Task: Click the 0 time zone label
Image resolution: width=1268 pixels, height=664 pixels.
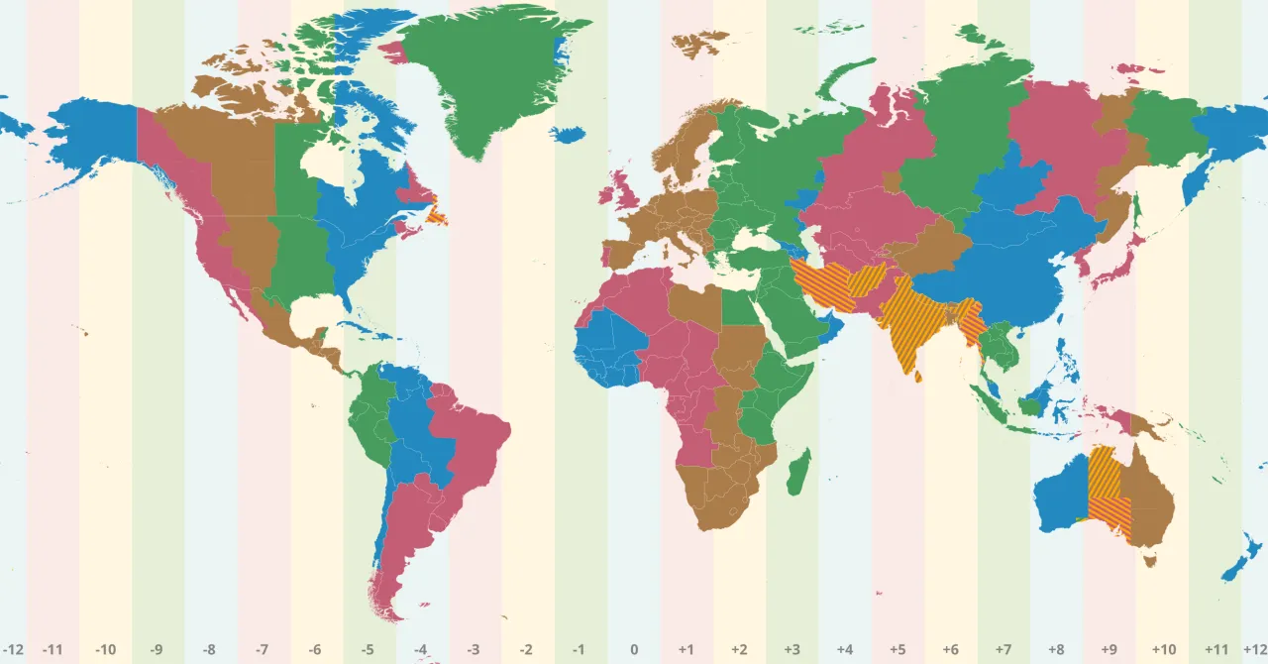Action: click(634, 650)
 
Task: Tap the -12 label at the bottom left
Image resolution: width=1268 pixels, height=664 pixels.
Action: click(14, 650)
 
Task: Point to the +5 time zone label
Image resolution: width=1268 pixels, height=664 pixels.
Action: click(898, 650)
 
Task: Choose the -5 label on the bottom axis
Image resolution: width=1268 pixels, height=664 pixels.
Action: click(369, 650)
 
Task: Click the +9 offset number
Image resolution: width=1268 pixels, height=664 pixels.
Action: click(1109, 650)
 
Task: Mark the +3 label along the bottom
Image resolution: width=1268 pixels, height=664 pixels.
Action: click(792, 650)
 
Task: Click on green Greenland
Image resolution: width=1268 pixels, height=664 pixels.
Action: click(485, 79)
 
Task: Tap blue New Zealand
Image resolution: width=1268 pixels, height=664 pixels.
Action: click(1239, 561)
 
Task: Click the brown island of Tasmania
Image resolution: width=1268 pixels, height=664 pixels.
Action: click(1150, 562)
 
